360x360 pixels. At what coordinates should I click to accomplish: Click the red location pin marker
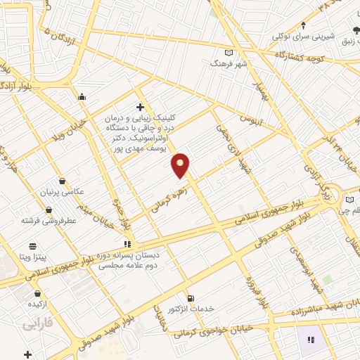181,165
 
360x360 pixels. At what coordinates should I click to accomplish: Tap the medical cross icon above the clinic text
140,107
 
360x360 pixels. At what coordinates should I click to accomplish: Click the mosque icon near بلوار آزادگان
82,96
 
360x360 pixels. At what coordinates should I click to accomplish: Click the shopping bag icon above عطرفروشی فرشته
48,210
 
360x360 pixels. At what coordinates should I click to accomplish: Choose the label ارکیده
36,304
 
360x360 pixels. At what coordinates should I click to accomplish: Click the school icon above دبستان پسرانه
127,243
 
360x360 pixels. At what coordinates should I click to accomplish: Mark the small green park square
328,279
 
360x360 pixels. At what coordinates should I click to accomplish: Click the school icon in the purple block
310,339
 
